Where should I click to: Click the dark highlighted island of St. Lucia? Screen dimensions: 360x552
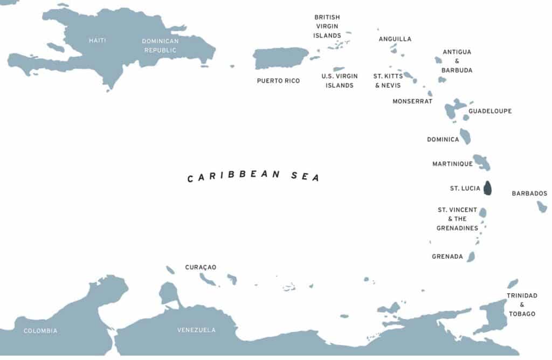(487, 188)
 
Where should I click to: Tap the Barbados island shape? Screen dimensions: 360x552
(542, 206)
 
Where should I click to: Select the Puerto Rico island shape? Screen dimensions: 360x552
(280, 58)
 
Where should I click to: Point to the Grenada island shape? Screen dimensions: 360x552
(471, 257)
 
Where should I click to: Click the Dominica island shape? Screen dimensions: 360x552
(465, 136)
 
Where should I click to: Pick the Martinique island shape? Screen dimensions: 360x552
(481, 162)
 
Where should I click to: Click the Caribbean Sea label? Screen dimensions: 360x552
(253, 176)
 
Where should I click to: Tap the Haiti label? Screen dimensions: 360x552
(98, 40)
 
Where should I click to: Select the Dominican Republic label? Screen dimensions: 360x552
(160, 46)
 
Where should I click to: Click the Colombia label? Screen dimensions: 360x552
(40, 330)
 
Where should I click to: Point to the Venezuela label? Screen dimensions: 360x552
(196, 330)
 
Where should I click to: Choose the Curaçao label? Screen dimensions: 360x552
(201, 267)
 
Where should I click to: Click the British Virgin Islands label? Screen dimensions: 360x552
(327, 26)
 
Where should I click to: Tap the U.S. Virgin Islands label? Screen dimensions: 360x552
(340, 81)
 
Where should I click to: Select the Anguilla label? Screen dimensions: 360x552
(395, 39)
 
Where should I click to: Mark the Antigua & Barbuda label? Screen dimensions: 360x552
(457, 61)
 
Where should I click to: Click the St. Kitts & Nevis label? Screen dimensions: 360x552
(388, 81)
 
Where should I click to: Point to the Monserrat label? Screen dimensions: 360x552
(412, 101)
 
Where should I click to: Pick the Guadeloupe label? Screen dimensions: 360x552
(490, 111)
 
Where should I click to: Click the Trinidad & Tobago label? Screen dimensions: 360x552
(522, 304)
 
